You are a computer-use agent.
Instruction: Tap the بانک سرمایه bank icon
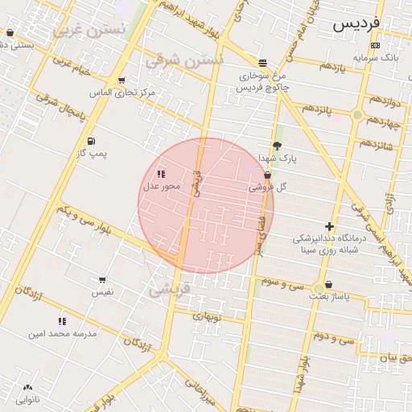375,45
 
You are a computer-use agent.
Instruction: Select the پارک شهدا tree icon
278,146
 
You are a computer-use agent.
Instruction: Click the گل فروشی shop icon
267,175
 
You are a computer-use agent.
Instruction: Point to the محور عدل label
162,187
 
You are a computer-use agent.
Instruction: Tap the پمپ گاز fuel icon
90,141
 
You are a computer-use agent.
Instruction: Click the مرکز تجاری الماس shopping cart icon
121,80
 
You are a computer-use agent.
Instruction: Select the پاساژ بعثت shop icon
328,285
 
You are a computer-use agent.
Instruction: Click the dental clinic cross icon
328,226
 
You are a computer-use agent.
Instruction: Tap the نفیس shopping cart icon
102,280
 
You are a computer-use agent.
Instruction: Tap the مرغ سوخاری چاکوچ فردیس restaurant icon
263,63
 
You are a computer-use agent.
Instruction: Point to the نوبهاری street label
211,316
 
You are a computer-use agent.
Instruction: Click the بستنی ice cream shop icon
10,33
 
